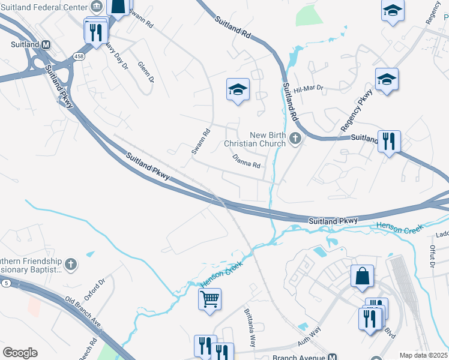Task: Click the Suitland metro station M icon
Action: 46,44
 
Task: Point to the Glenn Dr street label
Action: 146,71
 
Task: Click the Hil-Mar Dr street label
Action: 309,88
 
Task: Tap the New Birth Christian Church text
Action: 255,139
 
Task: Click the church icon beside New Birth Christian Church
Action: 294,139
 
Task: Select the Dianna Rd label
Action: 247,161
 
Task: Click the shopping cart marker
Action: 210,298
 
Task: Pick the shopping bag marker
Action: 362,277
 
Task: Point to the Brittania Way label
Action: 250,328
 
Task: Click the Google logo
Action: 20,353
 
